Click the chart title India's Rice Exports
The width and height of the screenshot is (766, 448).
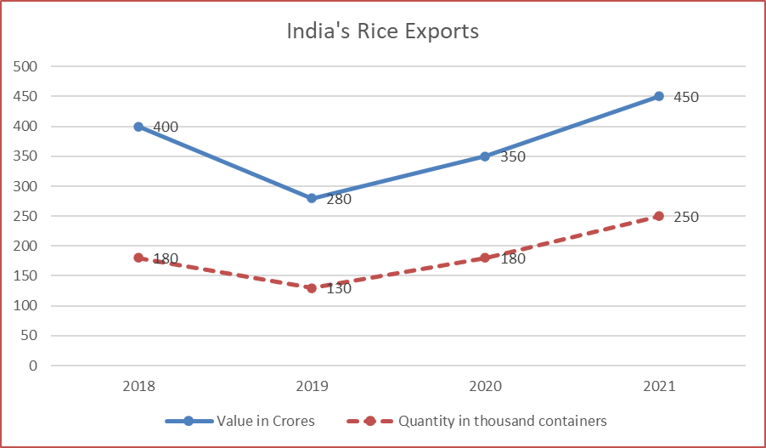[x=382, y=32]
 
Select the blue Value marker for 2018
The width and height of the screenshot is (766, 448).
[x=138, y=127]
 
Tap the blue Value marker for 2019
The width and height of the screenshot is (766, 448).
[x=312, y=198]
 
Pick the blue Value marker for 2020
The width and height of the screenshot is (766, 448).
[x=485, y=156]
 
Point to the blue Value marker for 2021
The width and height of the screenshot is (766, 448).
[x=658, y=96]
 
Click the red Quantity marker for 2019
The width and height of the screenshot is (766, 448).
[x=312, y=288]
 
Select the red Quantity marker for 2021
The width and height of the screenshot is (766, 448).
[x=658, y=216]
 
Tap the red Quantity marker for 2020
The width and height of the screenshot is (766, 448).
[x=485, y=258]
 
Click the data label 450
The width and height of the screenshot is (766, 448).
[x=685, y=97]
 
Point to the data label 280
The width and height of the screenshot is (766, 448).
[x=338, y=200]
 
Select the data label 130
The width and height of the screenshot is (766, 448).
[x=338, y=289]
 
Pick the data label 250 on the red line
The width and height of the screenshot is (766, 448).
[x=685, y=217]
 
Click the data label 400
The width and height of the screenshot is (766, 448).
[x=166, y=128]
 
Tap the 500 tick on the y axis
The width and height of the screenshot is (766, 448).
[x=26, y=66]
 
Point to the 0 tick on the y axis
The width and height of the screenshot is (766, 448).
[x=33, y=366]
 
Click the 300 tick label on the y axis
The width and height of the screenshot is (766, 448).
[x=26, y=186]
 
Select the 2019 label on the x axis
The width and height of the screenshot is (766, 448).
[x=312, y=387]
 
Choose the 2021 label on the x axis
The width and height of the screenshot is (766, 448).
[x=658, y=387]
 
